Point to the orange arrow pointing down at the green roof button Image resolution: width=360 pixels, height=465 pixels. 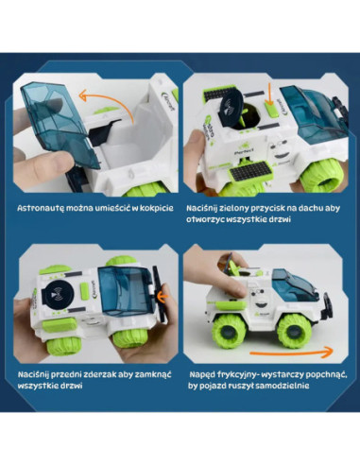pos(268,94)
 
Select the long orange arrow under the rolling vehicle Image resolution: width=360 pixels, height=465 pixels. pos(291,352)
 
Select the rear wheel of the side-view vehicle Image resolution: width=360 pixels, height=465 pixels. pos(229,331)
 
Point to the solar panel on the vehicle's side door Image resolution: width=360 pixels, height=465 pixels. pos(250,171)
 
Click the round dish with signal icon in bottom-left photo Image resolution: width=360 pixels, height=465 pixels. pos(58,294)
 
